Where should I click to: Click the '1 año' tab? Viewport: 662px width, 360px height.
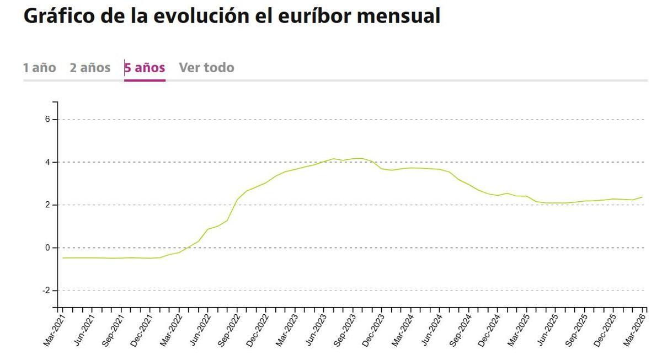pyautogui.click(x=39, y=68)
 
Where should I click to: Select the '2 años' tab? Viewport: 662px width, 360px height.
pyautogui.click(x=90, y=68)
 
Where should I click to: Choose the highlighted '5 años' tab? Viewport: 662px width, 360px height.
pyautogui.click(x=145, y=68)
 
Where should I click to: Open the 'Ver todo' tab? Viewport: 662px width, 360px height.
pyautogui.click(x=206, y=68)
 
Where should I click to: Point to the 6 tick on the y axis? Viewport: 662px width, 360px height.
pyautogui.click(x=47, y=120)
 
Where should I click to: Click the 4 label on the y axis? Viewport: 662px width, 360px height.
pyautogui.click(x=47, y=162)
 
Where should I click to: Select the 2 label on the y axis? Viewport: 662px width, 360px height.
pyautogui.click(x=47, y=205)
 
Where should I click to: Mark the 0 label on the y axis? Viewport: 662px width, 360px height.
pyautogui.click(x=47, y=248)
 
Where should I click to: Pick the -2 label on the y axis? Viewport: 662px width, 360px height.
pyautogui.click(x=46, y=291)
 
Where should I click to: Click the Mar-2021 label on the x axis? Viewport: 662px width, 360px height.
pyautogui.click(x=54, y=330)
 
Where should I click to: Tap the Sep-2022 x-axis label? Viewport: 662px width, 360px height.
pyautogui.click(x=229, y=330)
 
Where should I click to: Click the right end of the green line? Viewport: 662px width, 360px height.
pyautogui.click(x=642, y=197)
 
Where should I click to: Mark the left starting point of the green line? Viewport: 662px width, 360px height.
pyautogui.click(x=62, y=257)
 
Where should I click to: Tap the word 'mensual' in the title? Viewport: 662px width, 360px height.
pyautogui.click(x=398, y=16)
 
